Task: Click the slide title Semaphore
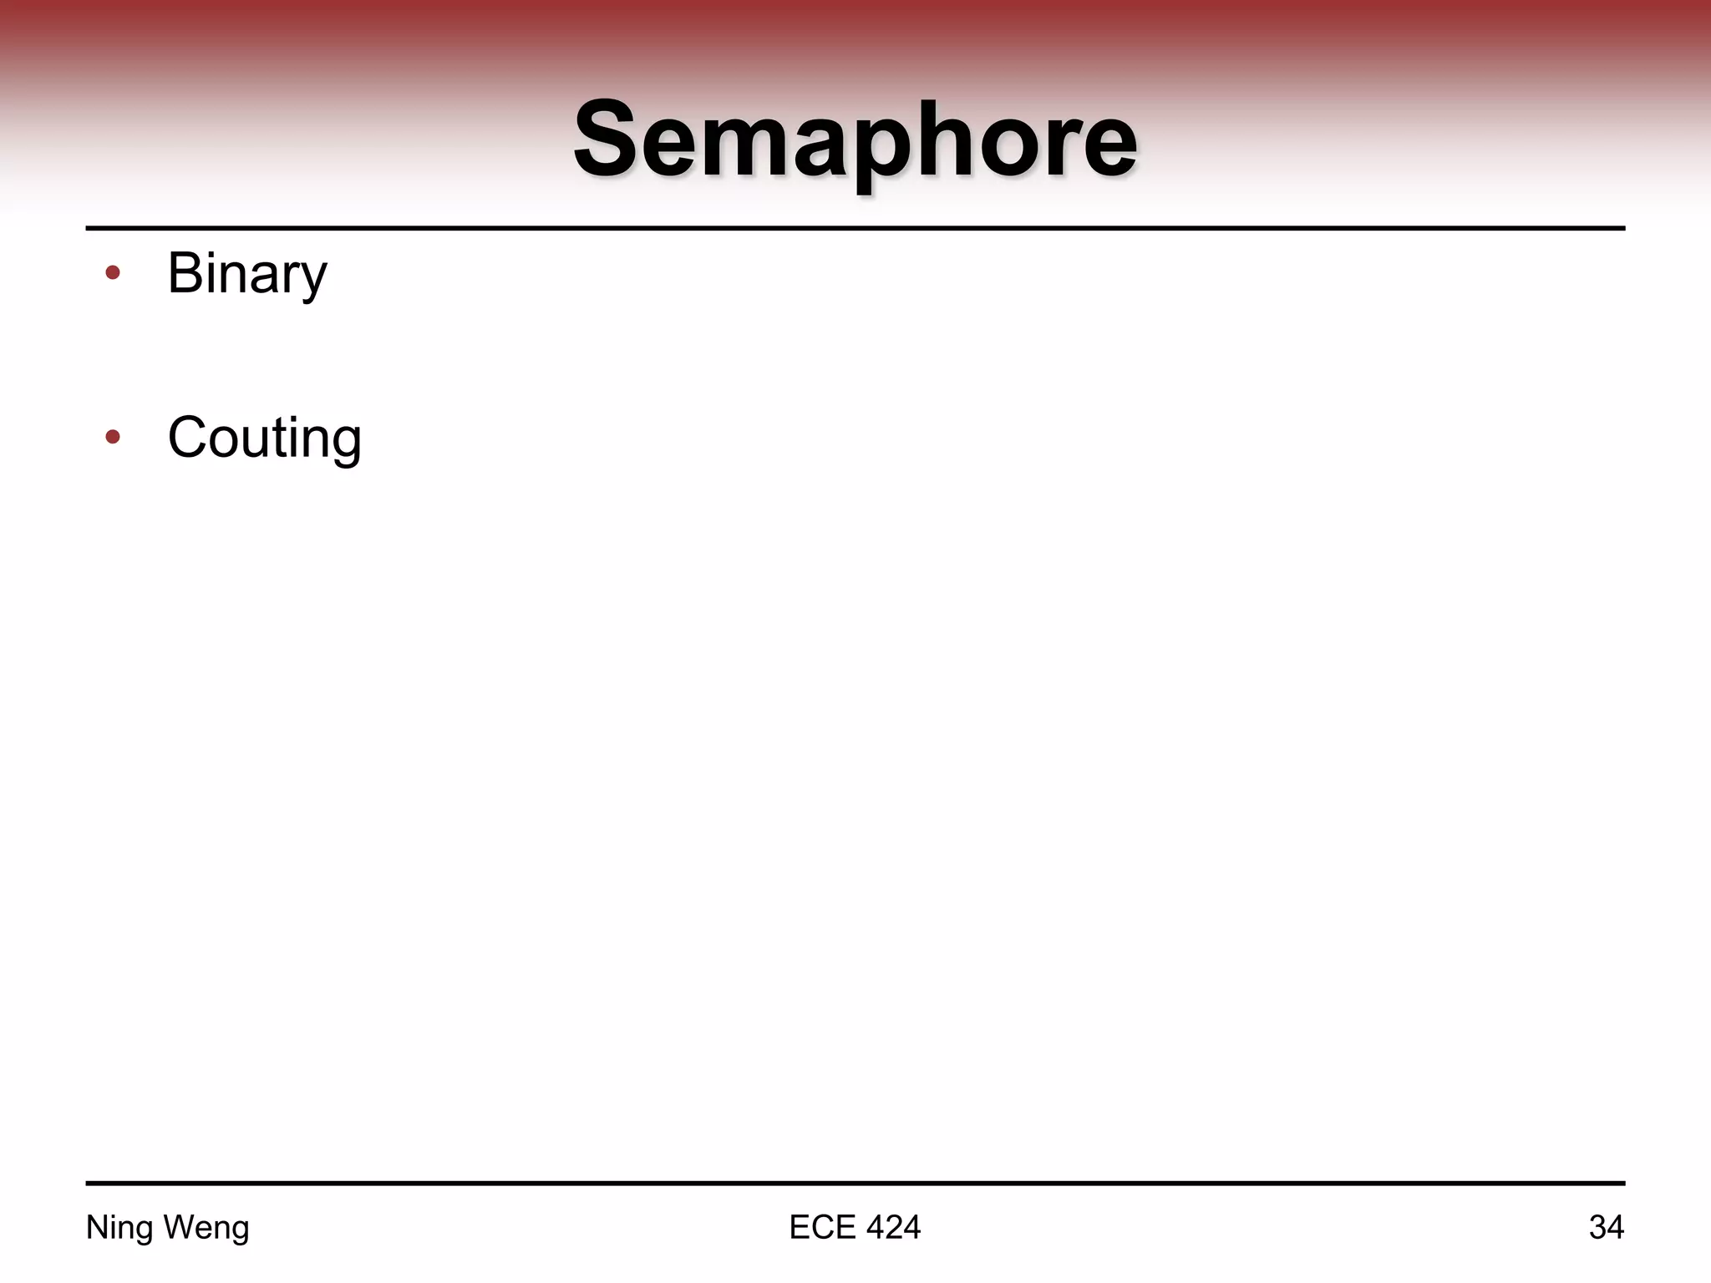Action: (855, 139)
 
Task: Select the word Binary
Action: (247, 273)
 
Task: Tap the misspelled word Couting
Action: (264, 438)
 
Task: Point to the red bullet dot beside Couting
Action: (113, 436)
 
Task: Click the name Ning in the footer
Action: (120, 1228)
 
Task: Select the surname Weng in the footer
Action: (206, 1228)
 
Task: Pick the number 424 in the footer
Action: (893, 1227)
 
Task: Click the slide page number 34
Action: (1606, 1227)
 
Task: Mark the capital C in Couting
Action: (188, 437)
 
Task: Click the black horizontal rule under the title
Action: (855, 227)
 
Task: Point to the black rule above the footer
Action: (855, 1183)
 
